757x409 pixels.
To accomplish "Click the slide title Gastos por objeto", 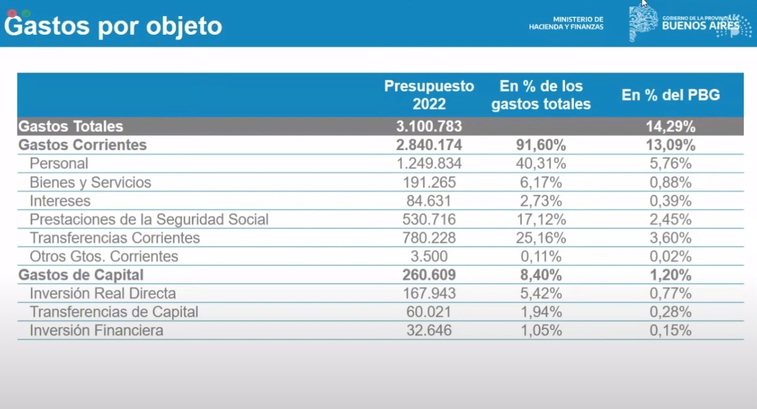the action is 113,26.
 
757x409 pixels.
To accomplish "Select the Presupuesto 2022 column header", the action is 429,95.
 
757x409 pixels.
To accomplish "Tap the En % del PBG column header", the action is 670,95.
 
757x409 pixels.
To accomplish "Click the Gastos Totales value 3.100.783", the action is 429,126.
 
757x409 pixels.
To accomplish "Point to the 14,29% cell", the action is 670,126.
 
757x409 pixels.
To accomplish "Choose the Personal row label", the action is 59,163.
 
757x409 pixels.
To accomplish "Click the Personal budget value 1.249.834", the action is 429,163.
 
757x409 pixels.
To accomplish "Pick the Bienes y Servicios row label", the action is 90,182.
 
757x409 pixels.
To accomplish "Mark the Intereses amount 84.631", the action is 429,201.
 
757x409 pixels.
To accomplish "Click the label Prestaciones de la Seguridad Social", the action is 149,219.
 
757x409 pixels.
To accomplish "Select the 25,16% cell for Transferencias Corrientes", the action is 541,238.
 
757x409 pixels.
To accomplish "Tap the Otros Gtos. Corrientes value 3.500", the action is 429,256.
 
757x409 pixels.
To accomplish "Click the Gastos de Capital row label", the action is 81,275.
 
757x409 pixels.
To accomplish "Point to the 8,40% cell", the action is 541,275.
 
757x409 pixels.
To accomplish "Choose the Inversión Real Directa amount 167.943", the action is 429,293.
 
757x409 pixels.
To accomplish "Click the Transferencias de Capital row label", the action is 114,311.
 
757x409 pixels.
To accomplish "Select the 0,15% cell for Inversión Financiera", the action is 670,330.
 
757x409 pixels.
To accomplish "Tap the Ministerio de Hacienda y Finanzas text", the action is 566,23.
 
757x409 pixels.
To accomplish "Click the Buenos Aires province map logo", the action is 643,24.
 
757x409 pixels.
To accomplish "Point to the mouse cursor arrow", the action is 644,3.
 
